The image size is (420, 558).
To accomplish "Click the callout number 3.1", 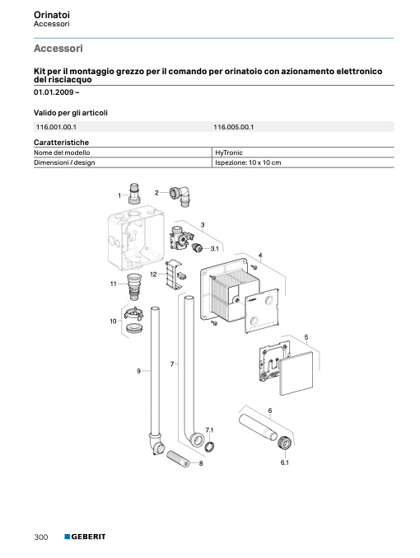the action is tap(214, 249).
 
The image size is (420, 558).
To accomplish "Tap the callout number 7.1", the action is tap(209, 430).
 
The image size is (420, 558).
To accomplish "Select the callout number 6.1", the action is tap(284, 462).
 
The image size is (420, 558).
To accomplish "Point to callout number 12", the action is tap(153, 274).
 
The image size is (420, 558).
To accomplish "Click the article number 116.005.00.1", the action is tap(234, 127).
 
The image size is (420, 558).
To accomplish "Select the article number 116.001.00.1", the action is tap(56, 127).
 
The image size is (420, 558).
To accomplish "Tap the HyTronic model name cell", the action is tap(229, 152).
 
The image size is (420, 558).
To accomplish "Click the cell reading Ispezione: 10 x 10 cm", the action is tap(248, 162).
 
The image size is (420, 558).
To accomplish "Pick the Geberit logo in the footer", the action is tap(85, 537).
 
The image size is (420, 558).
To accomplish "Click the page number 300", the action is tap(41, 537).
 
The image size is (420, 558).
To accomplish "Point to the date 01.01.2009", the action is tap(54, 92).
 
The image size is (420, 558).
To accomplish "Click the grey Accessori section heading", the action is tap(58, 49).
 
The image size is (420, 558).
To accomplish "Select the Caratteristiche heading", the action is tap(61, 143).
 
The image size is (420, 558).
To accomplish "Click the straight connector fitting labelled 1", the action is tap(134, 194).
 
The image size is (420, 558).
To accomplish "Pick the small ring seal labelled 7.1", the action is tap(210, 446).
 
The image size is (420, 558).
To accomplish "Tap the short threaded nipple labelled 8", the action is tap(178, 459).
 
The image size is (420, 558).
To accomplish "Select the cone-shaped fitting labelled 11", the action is tap(135, 286).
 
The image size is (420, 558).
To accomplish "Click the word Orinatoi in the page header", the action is tap(52, 15).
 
